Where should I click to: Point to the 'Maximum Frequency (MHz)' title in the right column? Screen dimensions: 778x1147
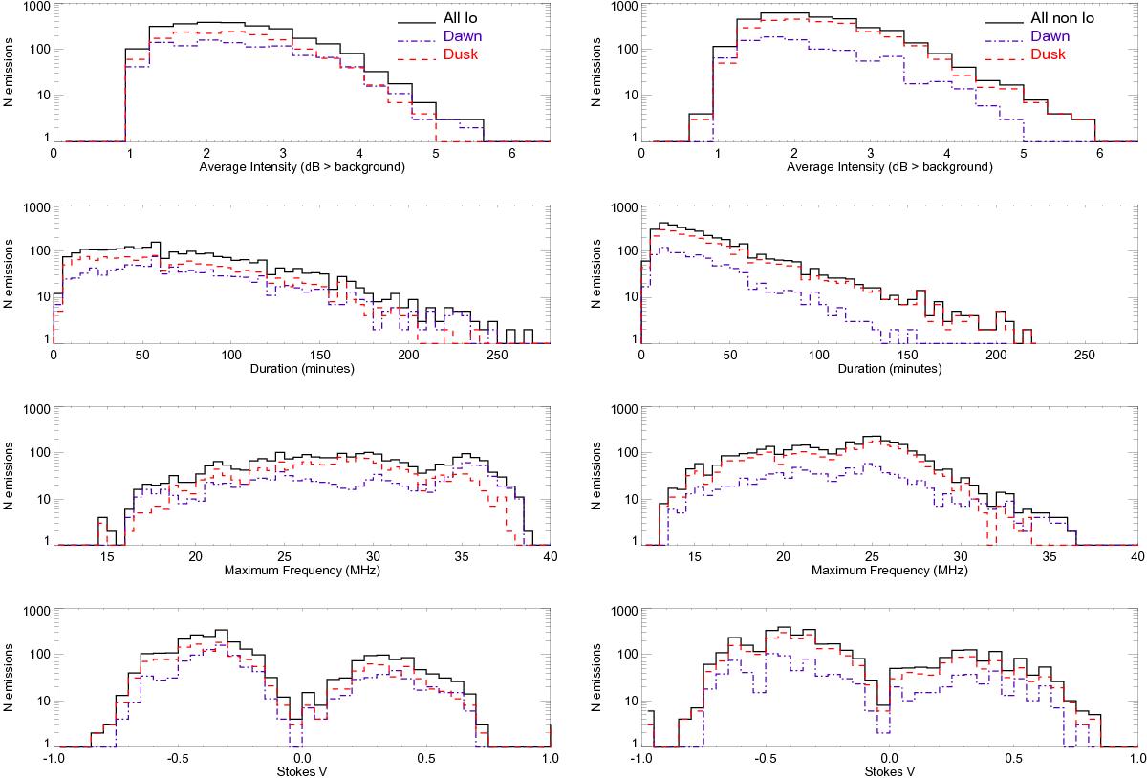click(889, 571)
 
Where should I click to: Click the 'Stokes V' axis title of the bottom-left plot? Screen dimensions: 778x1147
click(301, 772)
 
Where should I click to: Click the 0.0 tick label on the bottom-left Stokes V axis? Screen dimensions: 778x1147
click(302, 759)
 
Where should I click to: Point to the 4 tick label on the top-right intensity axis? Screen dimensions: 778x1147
click(946, 153)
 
